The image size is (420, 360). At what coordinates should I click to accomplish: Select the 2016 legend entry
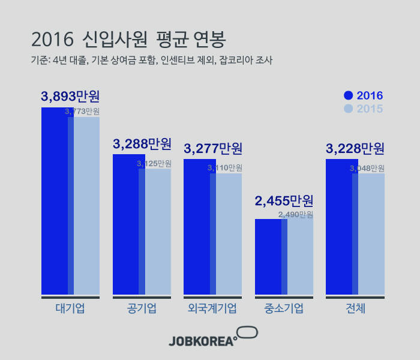(x=363, y=95)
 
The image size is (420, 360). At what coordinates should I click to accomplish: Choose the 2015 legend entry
(x=363, y=109)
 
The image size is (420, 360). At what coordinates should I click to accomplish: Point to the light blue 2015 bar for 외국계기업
(x=229, y=234)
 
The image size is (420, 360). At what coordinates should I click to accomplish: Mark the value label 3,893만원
(x=70, y=96)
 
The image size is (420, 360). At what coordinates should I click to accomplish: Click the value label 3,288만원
(x=142, y=144)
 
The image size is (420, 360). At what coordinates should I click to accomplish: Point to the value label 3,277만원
(x=213, y=148)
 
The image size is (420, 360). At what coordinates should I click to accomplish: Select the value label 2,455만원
(x=284, y=201)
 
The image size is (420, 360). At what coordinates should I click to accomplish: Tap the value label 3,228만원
(x=355, y=148)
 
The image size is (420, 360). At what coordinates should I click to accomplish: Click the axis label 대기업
(x=70, y=309)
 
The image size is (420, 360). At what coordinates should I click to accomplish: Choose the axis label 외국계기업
(x=212, y=309)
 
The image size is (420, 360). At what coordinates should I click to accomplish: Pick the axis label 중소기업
(x=284, y=309)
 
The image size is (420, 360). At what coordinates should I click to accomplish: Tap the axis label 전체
(x=355, y=309)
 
